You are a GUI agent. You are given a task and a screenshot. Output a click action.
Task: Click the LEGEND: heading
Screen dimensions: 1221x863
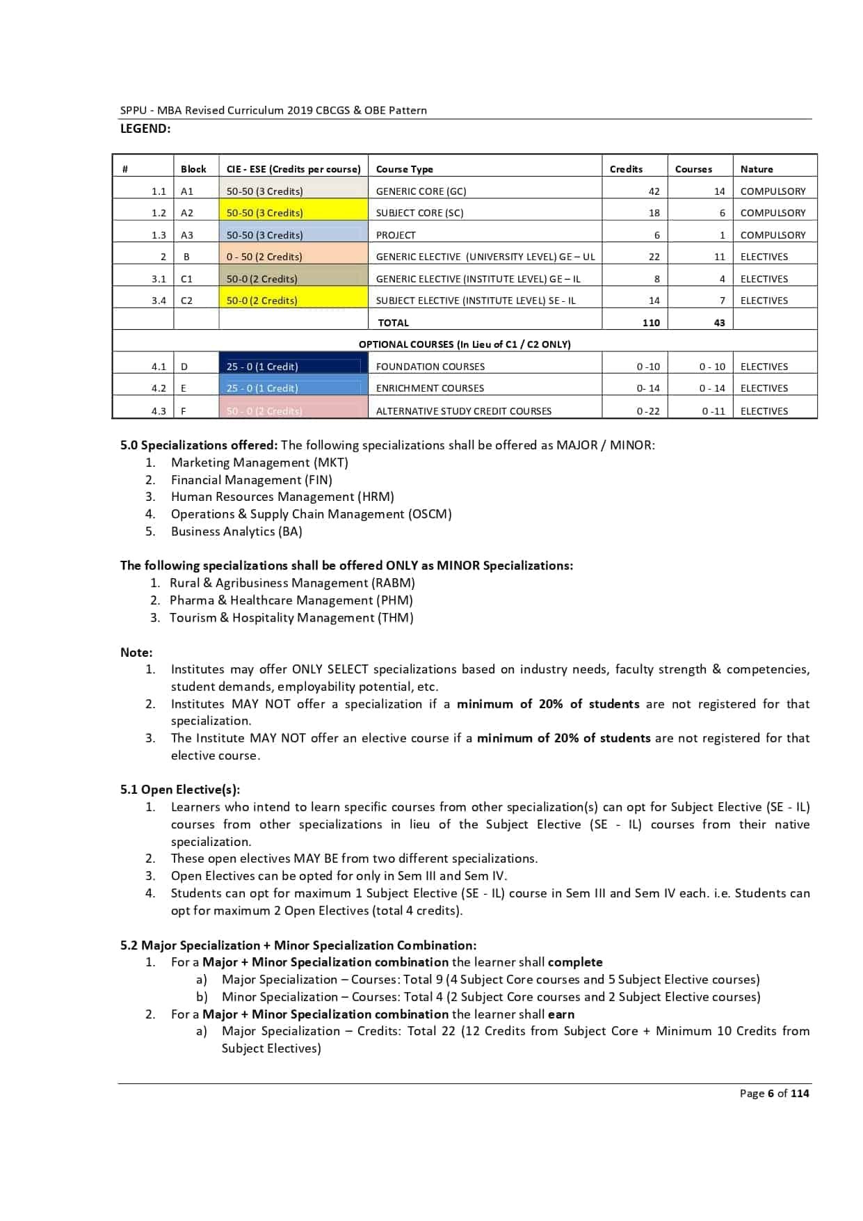click(x=145, y=129)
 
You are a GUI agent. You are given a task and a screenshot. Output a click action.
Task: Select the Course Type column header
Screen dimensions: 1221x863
click(x=404, y=169)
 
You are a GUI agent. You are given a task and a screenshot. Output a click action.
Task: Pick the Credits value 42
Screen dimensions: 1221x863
click(x=654, y=191)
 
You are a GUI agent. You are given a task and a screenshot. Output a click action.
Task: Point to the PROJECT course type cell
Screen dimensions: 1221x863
click(x=396, y=235)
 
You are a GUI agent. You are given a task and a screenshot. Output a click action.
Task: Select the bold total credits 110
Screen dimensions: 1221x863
click(x=651, y=323)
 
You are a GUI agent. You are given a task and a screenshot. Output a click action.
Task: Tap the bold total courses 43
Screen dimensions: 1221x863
click(x=719, y=323)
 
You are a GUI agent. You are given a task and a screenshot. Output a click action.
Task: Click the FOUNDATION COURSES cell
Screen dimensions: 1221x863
click(x=430, y=367)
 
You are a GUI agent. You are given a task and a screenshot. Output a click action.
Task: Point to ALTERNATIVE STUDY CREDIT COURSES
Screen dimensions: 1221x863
click(x=463, y=411)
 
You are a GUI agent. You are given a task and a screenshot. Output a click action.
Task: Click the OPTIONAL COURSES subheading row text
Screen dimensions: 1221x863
click(x=465, y=344)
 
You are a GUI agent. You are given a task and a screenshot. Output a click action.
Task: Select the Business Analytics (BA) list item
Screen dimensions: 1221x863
click(x=236, y=532)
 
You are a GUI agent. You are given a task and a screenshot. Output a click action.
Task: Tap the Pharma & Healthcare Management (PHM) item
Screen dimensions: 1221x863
click(x=291, y=600)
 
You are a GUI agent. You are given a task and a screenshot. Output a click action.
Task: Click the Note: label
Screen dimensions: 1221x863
click(x=136, y=653)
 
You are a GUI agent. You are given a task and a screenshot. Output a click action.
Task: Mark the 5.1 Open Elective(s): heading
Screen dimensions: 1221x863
click(x=180, y=790)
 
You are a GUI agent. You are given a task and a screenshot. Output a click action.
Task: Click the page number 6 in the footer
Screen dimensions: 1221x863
click(x=770, y=1094)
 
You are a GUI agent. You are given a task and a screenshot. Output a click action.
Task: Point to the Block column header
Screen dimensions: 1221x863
click(x=193, y=169)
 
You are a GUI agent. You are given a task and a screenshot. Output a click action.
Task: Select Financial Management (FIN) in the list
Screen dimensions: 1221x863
click(x=251, y=480)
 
